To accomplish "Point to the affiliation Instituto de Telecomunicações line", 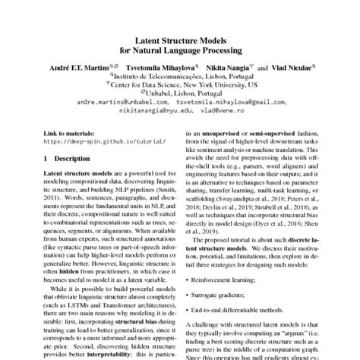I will [x=181, y=76].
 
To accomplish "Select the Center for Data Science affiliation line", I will [x=181, y=84].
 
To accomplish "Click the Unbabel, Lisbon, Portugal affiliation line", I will [x=181, y=93].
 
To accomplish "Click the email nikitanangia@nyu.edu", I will [x=156, y=109].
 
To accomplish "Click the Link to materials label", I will [x=70, y=132].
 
